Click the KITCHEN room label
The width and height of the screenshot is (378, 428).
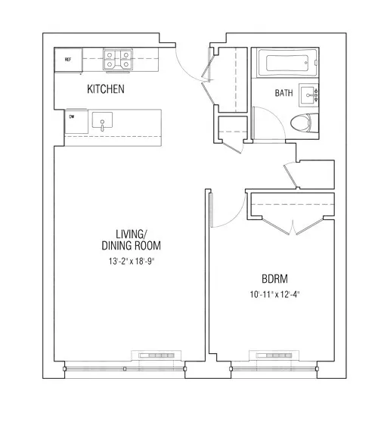[106, 89]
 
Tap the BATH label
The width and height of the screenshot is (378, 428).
[283, 94]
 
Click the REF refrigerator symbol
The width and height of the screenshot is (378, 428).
[68, 59]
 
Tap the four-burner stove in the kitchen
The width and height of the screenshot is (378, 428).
[118, 60]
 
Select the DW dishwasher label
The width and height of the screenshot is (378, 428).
[73, 117]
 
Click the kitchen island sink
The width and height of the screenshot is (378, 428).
[102, 121]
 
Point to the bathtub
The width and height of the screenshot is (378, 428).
[283, 65]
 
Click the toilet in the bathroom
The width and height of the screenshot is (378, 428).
[306, 123]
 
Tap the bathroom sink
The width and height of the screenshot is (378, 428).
[310, 95]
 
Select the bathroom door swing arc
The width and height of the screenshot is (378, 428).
[265, 121]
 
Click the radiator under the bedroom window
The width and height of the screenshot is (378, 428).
[276, 355]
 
